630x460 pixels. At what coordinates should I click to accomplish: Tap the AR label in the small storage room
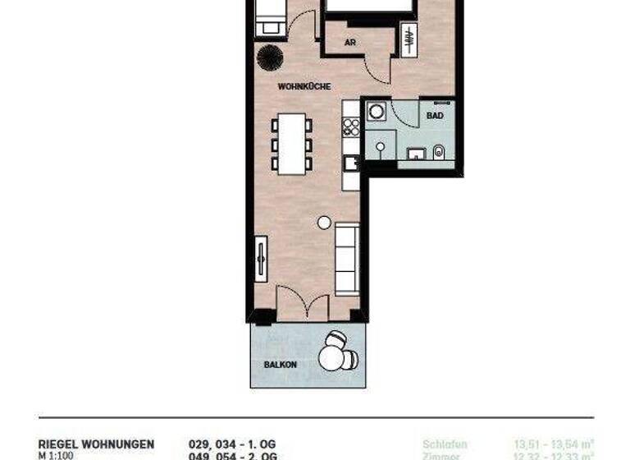click(x=350, y=43)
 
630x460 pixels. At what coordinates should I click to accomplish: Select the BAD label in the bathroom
click(x=435, y=116)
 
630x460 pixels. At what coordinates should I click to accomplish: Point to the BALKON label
click(x=281, y=364)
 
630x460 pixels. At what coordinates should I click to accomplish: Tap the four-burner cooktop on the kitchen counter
click(x=351, y=127)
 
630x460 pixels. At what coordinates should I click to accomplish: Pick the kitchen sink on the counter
click(x=350, y=163)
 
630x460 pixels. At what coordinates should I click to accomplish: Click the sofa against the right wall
click(x=348, y=258)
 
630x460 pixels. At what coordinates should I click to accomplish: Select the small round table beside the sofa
click(x=324, y=222)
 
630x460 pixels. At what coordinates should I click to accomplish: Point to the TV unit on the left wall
click(x=261, y=259)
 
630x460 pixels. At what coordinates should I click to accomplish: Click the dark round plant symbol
click(x=269, y=57)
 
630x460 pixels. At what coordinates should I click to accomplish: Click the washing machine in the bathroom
click(x=377, y=112)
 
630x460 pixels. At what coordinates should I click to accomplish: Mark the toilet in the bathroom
click(x=439, y=151)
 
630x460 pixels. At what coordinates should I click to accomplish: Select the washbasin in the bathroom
click(x=416, y=153)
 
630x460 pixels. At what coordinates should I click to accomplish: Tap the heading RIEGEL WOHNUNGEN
click(x=96, y=444)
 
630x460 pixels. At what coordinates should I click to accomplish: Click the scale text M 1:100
click(x=56, y=455)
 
